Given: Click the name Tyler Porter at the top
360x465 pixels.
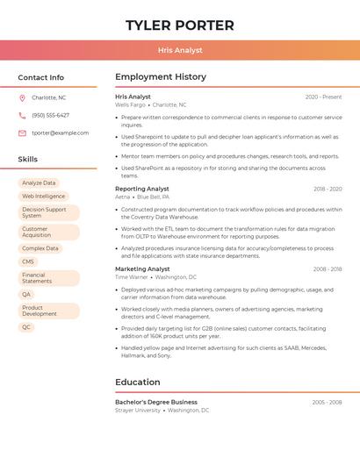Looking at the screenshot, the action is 180,25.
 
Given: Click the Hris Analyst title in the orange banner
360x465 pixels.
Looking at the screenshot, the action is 180,50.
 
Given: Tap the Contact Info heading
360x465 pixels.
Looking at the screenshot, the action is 40,77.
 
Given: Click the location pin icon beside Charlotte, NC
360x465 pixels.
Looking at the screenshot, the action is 22,97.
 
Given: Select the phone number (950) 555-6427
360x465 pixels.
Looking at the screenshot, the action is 50,115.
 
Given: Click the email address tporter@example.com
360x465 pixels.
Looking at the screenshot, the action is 60,132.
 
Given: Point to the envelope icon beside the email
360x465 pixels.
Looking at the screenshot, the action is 22,132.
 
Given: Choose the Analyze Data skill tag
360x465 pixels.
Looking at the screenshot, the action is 39,183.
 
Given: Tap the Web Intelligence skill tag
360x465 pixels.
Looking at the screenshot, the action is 44,197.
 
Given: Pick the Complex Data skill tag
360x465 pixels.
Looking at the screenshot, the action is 40,248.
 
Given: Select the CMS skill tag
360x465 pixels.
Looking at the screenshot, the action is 28,261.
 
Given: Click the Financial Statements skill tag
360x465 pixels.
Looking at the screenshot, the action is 37,278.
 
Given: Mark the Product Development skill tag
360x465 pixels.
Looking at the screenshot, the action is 40,311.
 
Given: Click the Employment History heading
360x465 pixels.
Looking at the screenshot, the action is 161,77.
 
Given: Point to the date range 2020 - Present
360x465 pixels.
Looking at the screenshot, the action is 323,97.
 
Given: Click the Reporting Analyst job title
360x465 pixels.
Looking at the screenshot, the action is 142,189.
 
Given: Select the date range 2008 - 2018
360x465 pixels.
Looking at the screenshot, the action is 328,269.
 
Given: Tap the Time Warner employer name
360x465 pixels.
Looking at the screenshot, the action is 132,277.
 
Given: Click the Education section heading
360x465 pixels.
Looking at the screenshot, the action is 138,383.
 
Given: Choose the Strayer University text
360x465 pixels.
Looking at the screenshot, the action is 138,410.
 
